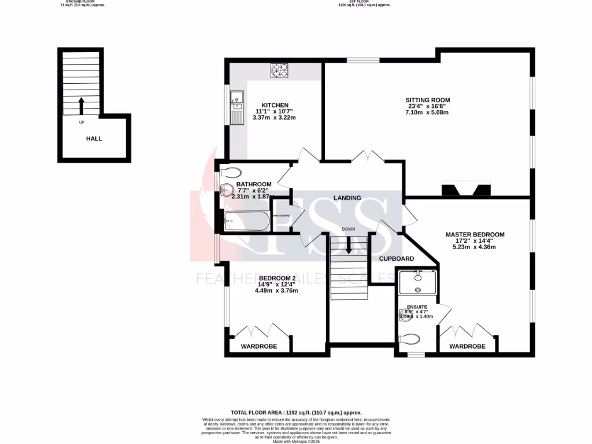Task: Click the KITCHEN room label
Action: pos(274,105)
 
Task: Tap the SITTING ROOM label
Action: pos(427,100)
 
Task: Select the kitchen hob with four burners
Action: pos(280,70)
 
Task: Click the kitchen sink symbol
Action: pos(237,108)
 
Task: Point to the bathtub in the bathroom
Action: pos(247,221)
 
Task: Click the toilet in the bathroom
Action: pos(231,172)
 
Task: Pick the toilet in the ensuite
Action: pos(409,338)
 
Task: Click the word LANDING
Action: pos(347,198)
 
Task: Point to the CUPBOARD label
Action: pos(396,258)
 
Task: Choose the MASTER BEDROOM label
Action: pos(475,235)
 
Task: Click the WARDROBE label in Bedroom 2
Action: pos(258,346)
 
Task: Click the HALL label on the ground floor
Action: pos(94,139)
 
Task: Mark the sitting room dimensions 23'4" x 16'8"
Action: pos(427,106)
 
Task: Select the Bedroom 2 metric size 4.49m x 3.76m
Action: pos(276,291)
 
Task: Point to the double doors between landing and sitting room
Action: pos(368,157)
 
